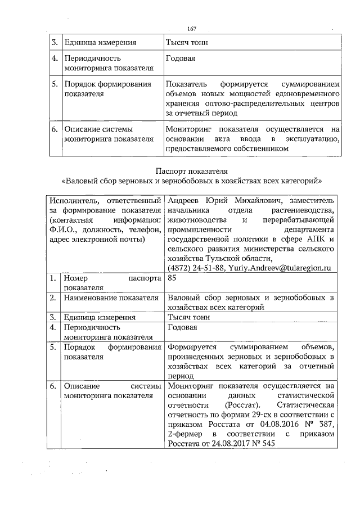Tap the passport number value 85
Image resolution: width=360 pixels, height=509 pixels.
(x=172, y=278)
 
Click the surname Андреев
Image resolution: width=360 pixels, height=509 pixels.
(x=184, y=201)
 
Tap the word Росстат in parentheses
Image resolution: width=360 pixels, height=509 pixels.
(x=242, y=405)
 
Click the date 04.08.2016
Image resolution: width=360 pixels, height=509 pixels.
(x=271, y=425)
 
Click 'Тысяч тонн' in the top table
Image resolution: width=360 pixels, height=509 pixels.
(x=187, y=42)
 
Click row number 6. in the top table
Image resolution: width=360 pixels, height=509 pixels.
(x=55, y=129)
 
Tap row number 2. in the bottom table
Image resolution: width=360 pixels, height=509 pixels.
(x=53, y=298)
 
